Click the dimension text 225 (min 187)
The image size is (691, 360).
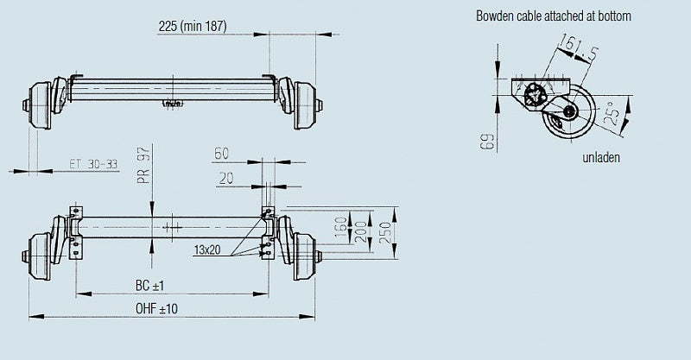click(x=193, y=26)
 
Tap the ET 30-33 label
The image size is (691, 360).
click(x=93, y=164)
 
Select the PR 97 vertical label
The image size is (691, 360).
click(x=143, y=166)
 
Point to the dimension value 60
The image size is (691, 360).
click(x=221, y=154)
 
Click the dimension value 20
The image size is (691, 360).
click(x=225, y=179)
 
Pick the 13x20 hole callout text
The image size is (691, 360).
click(x=207, y=249)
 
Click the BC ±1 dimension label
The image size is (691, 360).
click(x=149, y=286)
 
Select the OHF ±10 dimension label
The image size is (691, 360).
click(x=156, y=308)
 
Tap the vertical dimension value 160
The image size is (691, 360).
click(x=341, y=227)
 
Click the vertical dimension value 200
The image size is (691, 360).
click(x=361, y=232)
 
